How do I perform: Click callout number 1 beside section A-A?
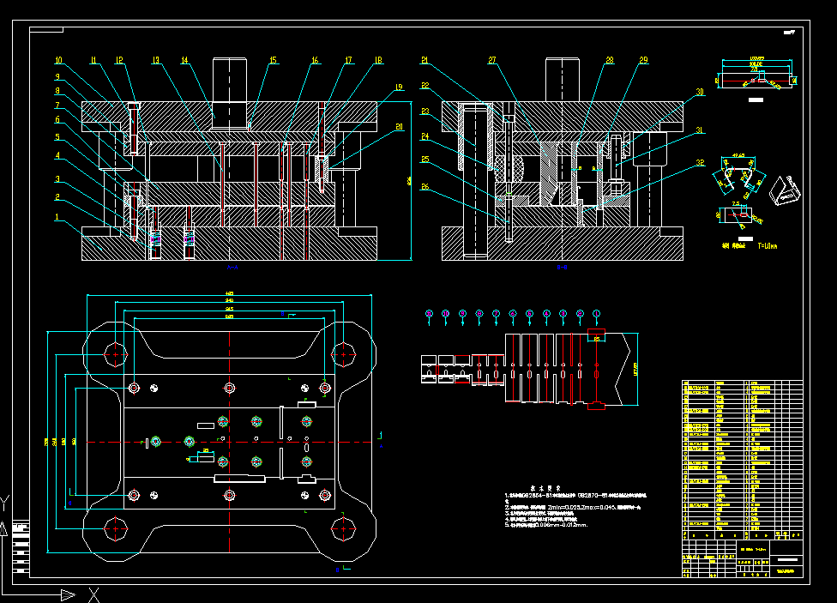57,217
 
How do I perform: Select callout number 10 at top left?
58,61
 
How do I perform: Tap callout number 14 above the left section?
184,61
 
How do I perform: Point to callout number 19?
399,87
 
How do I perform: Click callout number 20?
399,127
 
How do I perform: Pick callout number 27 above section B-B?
492,60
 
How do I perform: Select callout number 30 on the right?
700,92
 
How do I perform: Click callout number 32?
700,163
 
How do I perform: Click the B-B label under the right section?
563,268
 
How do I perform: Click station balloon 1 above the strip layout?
429,315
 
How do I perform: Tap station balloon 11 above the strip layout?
597,315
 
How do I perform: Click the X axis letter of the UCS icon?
94,594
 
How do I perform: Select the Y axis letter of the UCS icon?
6,501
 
